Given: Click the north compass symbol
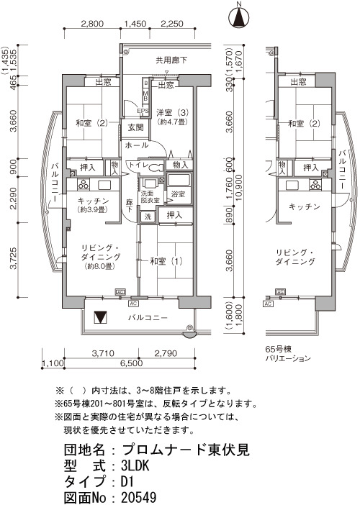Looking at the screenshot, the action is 239,17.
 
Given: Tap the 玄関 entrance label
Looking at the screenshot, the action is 135,127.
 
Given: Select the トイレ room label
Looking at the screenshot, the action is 138,165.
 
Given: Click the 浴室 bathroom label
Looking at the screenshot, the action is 178,194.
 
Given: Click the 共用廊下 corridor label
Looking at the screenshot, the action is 171,60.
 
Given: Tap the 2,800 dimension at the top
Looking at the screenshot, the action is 92,24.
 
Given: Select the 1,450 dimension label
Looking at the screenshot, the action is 135,24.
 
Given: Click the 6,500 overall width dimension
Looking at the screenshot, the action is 131,363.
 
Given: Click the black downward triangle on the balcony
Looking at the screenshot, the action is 99,317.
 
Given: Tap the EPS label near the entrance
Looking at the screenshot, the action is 143,111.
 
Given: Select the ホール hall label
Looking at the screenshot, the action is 136,145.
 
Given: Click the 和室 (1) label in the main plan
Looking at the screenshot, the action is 166,261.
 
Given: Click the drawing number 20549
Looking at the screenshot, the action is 139,497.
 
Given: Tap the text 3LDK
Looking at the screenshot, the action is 135,465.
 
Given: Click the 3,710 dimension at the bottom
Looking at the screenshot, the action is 103,354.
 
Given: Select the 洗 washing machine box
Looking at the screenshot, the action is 148,217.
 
